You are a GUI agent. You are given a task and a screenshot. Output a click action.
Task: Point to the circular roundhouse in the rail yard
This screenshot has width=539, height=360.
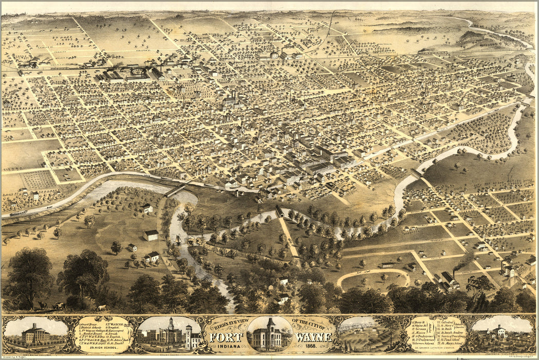136,73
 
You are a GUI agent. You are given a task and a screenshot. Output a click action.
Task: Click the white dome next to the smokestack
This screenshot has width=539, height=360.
274,54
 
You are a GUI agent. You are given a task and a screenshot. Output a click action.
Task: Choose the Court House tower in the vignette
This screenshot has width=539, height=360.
170,327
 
